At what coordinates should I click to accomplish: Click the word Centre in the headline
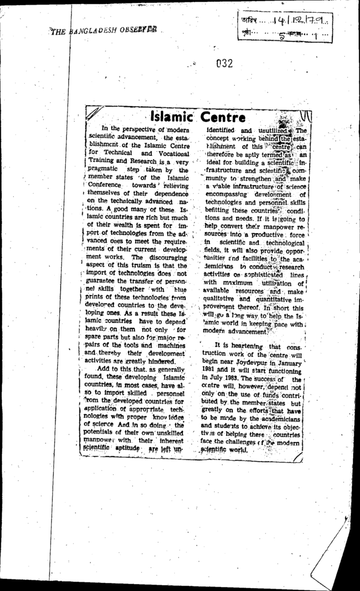point(224,118)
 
